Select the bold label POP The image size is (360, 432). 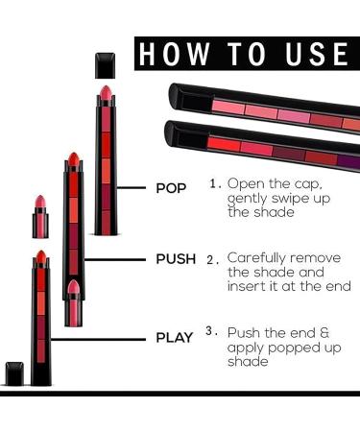172,188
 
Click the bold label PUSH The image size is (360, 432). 176,259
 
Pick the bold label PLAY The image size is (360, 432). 176,337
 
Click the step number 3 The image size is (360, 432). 211,332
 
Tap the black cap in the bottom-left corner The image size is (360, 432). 13,373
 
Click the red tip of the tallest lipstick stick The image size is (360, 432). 105,95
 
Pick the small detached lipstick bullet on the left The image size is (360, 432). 41,206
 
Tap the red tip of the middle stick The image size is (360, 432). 72,159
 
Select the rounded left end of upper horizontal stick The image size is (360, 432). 176,95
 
